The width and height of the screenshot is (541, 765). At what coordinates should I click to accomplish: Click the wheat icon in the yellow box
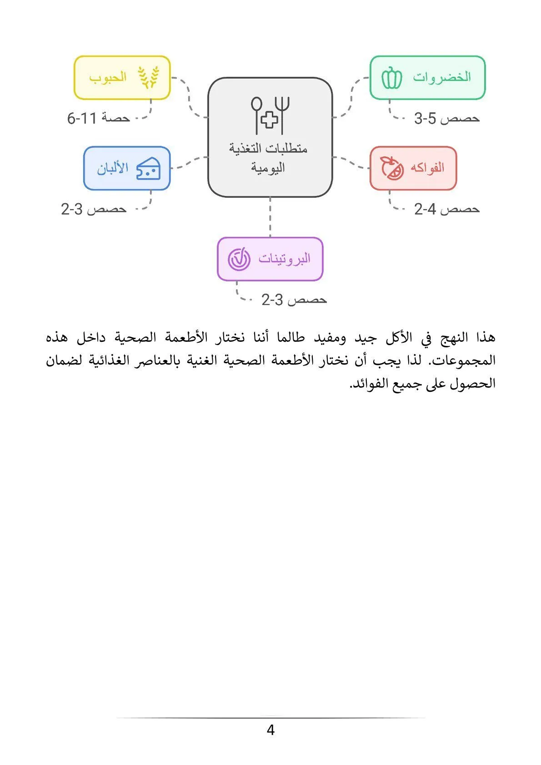[x=149, y=77]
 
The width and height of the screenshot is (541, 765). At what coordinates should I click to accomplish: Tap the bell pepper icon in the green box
[x=391, y=78]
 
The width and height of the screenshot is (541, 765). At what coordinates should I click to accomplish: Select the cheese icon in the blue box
[x=148, y=169]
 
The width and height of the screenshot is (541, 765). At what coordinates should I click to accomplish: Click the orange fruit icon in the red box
[x=392, y=168]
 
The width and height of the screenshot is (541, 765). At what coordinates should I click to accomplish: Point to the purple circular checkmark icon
[x=239, y=259]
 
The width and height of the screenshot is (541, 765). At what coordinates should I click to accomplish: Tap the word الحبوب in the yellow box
[x=108, y=77]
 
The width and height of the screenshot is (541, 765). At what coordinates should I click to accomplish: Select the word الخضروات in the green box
[x=441, y=77]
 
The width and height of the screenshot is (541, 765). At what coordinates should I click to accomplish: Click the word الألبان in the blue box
[x=113, y=168]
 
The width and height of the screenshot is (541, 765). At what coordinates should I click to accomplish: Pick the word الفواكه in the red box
[x=427, y=168]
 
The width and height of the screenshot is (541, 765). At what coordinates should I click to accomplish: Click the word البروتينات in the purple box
[x=285, y=259]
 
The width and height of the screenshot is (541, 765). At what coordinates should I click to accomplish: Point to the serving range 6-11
[x=82, y=119]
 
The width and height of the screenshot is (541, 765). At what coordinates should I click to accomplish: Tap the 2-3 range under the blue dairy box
[x=72, y=210]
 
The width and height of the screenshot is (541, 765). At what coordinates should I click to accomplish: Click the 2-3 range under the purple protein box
[x=272, y=300]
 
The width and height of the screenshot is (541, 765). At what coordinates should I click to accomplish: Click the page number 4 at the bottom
[x=270, y=730]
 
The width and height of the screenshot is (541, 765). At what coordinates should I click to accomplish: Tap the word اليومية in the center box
[x=268, y=168]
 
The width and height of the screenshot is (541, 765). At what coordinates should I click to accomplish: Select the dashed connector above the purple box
[x=270, y=217]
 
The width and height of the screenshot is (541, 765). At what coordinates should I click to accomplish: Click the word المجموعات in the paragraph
[x=463, y=361]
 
